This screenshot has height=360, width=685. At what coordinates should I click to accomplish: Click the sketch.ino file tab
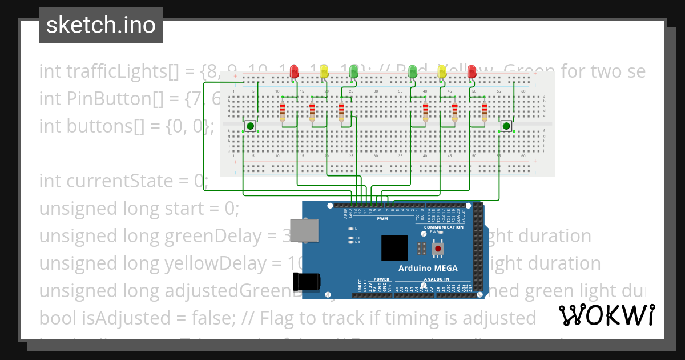point(101,25)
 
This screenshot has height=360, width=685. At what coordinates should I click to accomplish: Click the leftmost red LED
point(295,71)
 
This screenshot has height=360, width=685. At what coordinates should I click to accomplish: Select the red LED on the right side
point(472,71)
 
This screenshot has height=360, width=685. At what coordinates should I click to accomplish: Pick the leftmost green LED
point(353,71)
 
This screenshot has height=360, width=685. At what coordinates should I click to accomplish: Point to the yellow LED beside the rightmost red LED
point(441,71)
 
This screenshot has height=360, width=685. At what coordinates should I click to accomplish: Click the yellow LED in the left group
point(324,71)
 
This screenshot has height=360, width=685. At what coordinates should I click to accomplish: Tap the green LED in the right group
point(413,71)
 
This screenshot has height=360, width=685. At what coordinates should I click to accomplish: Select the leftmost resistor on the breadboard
point(282,113)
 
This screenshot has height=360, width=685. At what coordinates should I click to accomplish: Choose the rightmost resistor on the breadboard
point(485,113)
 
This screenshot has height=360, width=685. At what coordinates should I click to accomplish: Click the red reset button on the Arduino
point(438,249)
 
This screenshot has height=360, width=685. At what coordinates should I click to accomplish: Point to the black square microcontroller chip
point(394,248)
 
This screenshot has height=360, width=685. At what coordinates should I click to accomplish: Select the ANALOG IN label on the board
point(436,280)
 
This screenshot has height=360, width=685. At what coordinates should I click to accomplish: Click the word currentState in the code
point(127,181)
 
